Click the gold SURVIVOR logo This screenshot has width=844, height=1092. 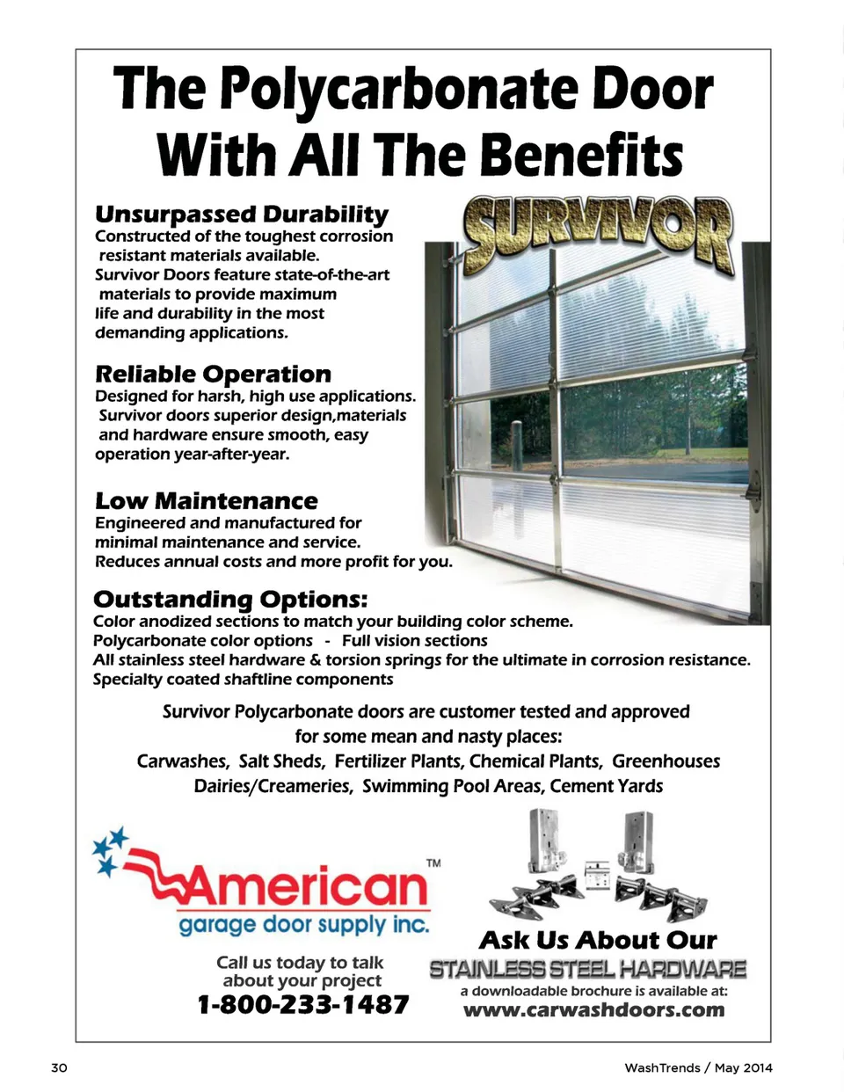point(599,233)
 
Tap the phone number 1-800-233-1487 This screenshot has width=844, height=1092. point(303,1004)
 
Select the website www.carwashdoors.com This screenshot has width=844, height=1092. point(594,1009)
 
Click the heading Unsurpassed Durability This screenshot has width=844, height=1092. point(242,215)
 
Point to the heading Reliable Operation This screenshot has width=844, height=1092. point(213,375)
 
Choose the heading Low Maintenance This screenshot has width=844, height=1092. point(207,501)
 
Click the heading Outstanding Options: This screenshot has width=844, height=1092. point(230,600)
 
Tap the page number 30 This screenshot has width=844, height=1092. point(59,1067)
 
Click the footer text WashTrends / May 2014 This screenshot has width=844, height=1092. point(698,1067)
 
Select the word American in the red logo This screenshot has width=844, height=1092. point(303,886)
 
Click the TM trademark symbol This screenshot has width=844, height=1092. point(433,863)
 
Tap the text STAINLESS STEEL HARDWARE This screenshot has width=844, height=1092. point(587,970)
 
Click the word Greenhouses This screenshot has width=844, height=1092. point(666,761)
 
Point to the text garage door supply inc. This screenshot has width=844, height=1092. point(303,925)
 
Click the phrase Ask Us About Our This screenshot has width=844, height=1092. point(598,941)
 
